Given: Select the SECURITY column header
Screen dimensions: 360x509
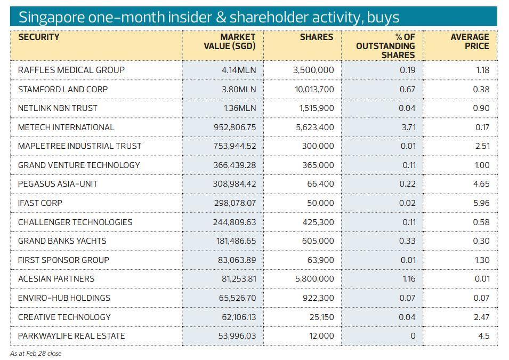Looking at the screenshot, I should coord(39,37).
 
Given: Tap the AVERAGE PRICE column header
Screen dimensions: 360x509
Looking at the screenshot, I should coord(470,42).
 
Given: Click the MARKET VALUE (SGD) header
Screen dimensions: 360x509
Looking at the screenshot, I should coord(230,42).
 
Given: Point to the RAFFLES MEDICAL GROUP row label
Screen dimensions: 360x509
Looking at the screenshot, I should coord(71,70).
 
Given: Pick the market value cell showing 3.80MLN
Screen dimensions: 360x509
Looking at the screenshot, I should coord(239,89).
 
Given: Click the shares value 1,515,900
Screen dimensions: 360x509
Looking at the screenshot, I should coord(317,108).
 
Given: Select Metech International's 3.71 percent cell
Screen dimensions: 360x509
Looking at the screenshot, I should coord(408,127).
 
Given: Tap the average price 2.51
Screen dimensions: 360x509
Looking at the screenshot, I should coord(482,146).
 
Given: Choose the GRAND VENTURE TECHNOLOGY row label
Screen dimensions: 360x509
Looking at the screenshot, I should coord(79,165).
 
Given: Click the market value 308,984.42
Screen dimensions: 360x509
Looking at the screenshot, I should coord(235,184).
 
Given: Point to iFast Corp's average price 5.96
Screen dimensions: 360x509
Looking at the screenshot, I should coord(482,203).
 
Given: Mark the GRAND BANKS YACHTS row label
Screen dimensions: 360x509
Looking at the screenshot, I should coord(62,241).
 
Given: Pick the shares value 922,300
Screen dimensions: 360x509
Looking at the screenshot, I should coord(318,298).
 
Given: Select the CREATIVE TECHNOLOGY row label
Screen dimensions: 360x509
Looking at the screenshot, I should coord(64,317).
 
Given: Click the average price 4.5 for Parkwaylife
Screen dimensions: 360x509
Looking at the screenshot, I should coord(483,336).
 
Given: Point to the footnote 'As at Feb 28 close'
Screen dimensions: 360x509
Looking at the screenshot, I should coord(36,353).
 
